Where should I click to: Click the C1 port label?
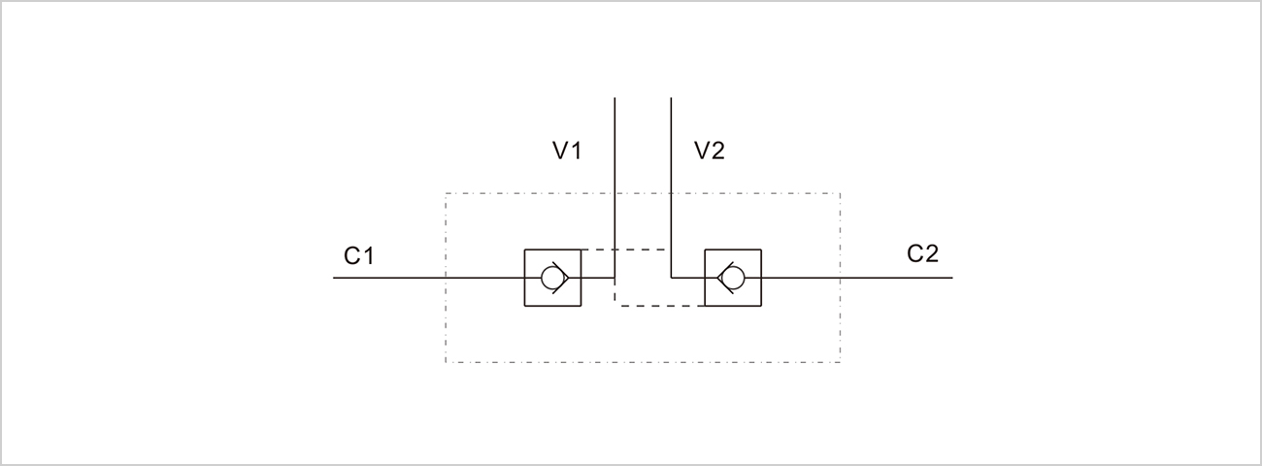[x=359, y=256]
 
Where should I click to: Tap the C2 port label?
[x=923, y=253]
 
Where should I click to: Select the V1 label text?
[x=567, y=150]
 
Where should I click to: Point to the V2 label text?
[x=710, y=150]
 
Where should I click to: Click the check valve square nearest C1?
[x=552, y=278]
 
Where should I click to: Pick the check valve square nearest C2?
[x=733, y=278]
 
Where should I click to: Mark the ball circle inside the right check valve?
[x=735, y=278]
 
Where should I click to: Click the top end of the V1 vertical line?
[x=614, y=97]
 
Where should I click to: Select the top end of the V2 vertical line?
[x=671, y=97]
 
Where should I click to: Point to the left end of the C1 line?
[x=334, y=278]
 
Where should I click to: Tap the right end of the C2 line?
[x=952, y=278]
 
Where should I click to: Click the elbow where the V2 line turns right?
[x=671, y=278]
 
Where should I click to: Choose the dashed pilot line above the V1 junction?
[x=626, y=250]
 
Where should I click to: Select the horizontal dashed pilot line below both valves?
[x=660, y=306]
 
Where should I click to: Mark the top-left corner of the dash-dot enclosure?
[x=446, y=193]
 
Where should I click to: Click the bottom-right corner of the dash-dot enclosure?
[x=840, y=362]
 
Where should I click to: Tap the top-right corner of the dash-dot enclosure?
[x=840, y=193]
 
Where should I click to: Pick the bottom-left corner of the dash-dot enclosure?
[x=446, y=362]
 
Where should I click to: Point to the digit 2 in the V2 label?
[x=717, y=150]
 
